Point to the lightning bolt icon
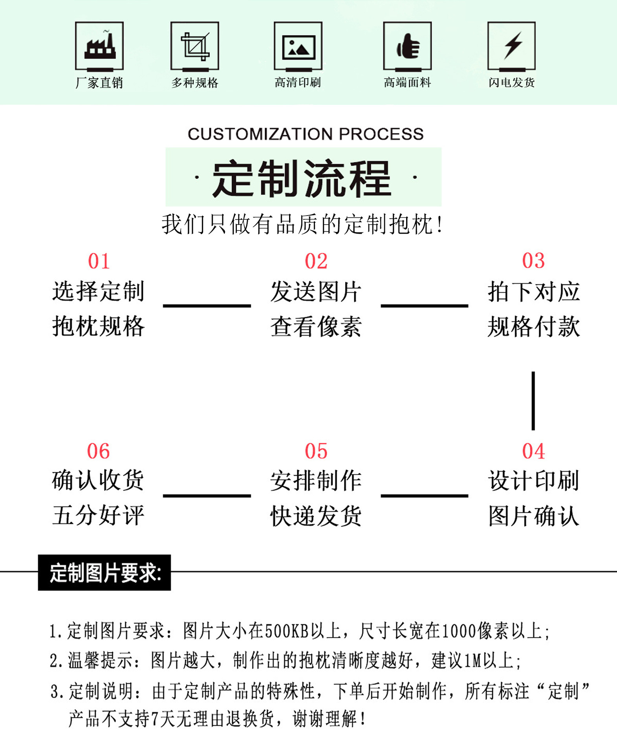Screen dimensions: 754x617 click(x=511, y=46)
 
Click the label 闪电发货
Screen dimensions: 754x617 click(x=511, y=82)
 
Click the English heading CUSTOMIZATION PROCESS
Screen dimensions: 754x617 click(x=306, y=134)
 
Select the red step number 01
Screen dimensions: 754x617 click(x=99, y=261)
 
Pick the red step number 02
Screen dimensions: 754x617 click(x=316, y=261)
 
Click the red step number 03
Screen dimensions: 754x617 click(x=533, y=261)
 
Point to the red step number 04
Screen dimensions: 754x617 click(x=533, y=451)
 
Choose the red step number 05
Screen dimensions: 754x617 click(x=316, y=451)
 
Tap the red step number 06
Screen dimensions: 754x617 click(x=99, y=451)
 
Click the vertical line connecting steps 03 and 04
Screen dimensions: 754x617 click(x=533, y=401)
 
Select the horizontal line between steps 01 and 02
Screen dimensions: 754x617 click(x=207, y=305)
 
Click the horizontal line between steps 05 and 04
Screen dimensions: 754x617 click(x=425, y=496)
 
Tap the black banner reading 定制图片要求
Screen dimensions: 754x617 click(x=104, y=573)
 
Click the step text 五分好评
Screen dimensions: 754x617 click(x=99, y=515)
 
